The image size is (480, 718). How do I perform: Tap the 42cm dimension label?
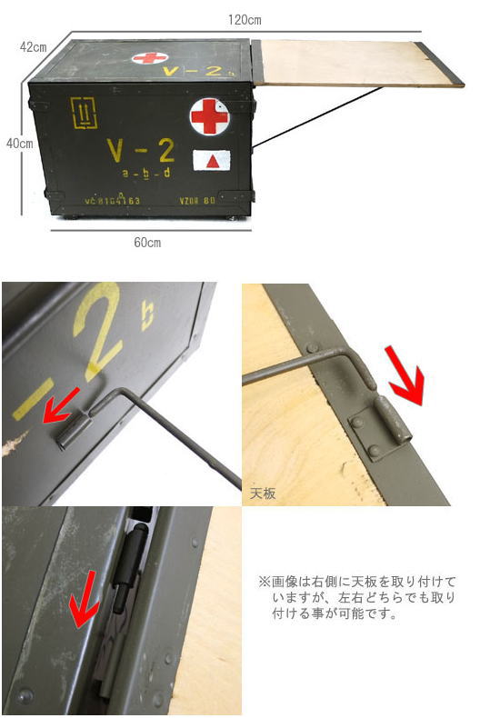(35, 47)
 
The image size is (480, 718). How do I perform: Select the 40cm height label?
(19, 143)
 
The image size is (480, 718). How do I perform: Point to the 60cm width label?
(147, 243)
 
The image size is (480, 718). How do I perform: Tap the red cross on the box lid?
(150, 58)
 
